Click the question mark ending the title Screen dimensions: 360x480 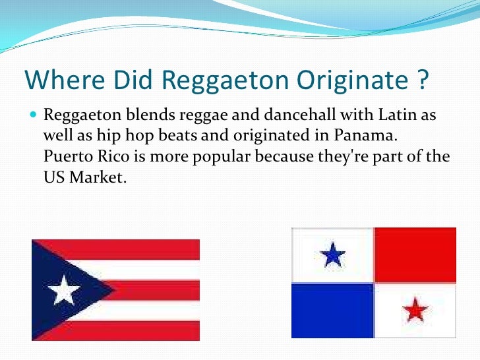pyautogui.click(x=423, y=80)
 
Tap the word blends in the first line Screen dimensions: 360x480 pyautogui.click(x=135, y=116)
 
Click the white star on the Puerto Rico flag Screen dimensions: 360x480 pyautogui.click(x=64, y=290)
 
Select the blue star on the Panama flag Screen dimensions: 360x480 pyautogui.click(x=334, y=254)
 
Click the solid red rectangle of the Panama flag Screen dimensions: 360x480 pyautogui.click(x=415, y=255)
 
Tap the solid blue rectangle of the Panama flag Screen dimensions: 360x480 pyautogui.click(x=333, y=310)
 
